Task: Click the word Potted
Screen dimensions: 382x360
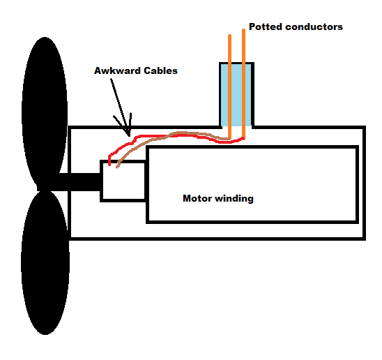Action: (x=266, y=27)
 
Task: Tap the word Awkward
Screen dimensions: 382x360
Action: (x=117, y=70)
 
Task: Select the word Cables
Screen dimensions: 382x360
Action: (x=160, y=70)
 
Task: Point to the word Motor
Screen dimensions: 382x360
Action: (x=197, y=198)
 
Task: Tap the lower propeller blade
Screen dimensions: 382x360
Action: (x=45, y=263)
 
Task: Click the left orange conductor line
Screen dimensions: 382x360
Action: (x=229, y=87)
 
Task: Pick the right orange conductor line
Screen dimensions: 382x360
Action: (x=243, y=84)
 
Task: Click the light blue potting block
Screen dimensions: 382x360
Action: (x=237, y=95)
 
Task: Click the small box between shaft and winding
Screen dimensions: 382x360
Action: (x=123, y=181)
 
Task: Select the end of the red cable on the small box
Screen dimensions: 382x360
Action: (x=109, y=165)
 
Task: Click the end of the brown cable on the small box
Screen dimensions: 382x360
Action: (x=117, y=167)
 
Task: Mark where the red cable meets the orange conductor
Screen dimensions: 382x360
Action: (x=243, y=138)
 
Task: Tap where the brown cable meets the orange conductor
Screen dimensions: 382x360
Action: (x=229, y=138)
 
